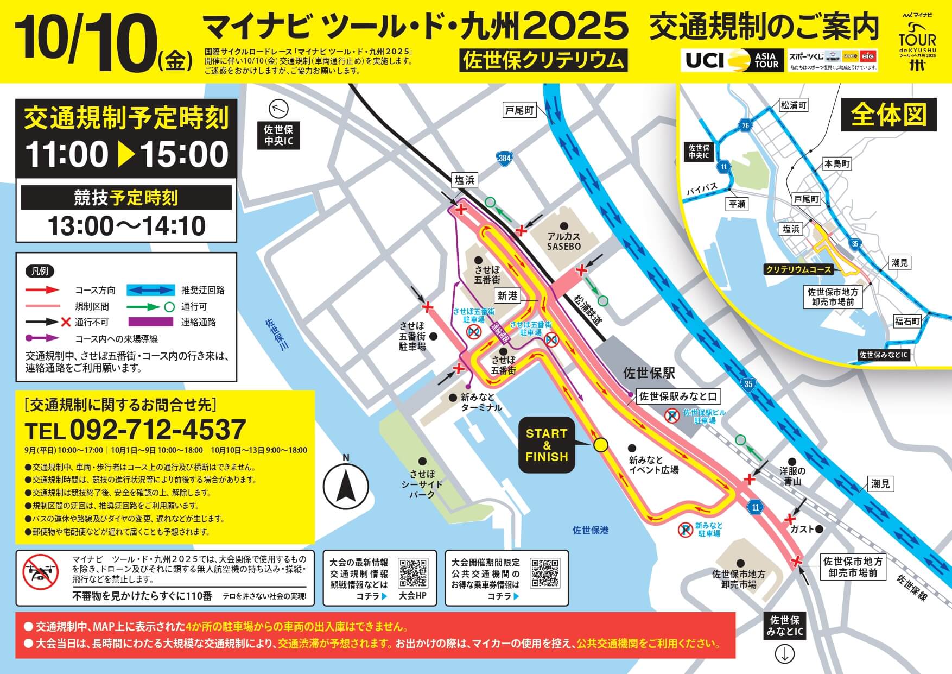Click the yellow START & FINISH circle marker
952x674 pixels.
(x=600, y=445)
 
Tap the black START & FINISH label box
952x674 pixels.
(x=547, y=445)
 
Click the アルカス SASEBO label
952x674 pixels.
(x=564, y=241)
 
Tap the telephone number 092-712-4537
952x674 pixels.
(x=136, y=430)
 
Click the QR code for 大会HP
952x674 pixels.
(x=413, y=573)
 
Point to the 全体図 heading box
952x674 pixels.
(x=888, y=115)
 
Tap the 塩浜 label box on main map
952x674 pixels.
(x=465, y=180)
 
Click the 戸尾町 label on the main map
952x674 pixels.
(x=519, y=110)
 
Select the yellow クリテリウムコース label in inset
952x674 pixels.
(x=798, y=269)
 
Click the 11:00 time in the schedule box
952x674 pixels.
(x=67, y=155)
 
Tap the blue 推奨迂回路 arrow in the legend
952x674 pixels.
(x=150, y=290)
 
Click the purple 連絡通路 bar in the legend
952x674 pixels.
(x=150, y=322)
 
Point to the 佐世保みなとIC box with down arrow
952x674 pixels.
(x=784, y=626)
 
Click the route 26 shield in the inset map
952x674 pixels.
(x=746, y=126)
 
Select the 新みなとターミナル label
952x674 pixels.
(x=481, y=402)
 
